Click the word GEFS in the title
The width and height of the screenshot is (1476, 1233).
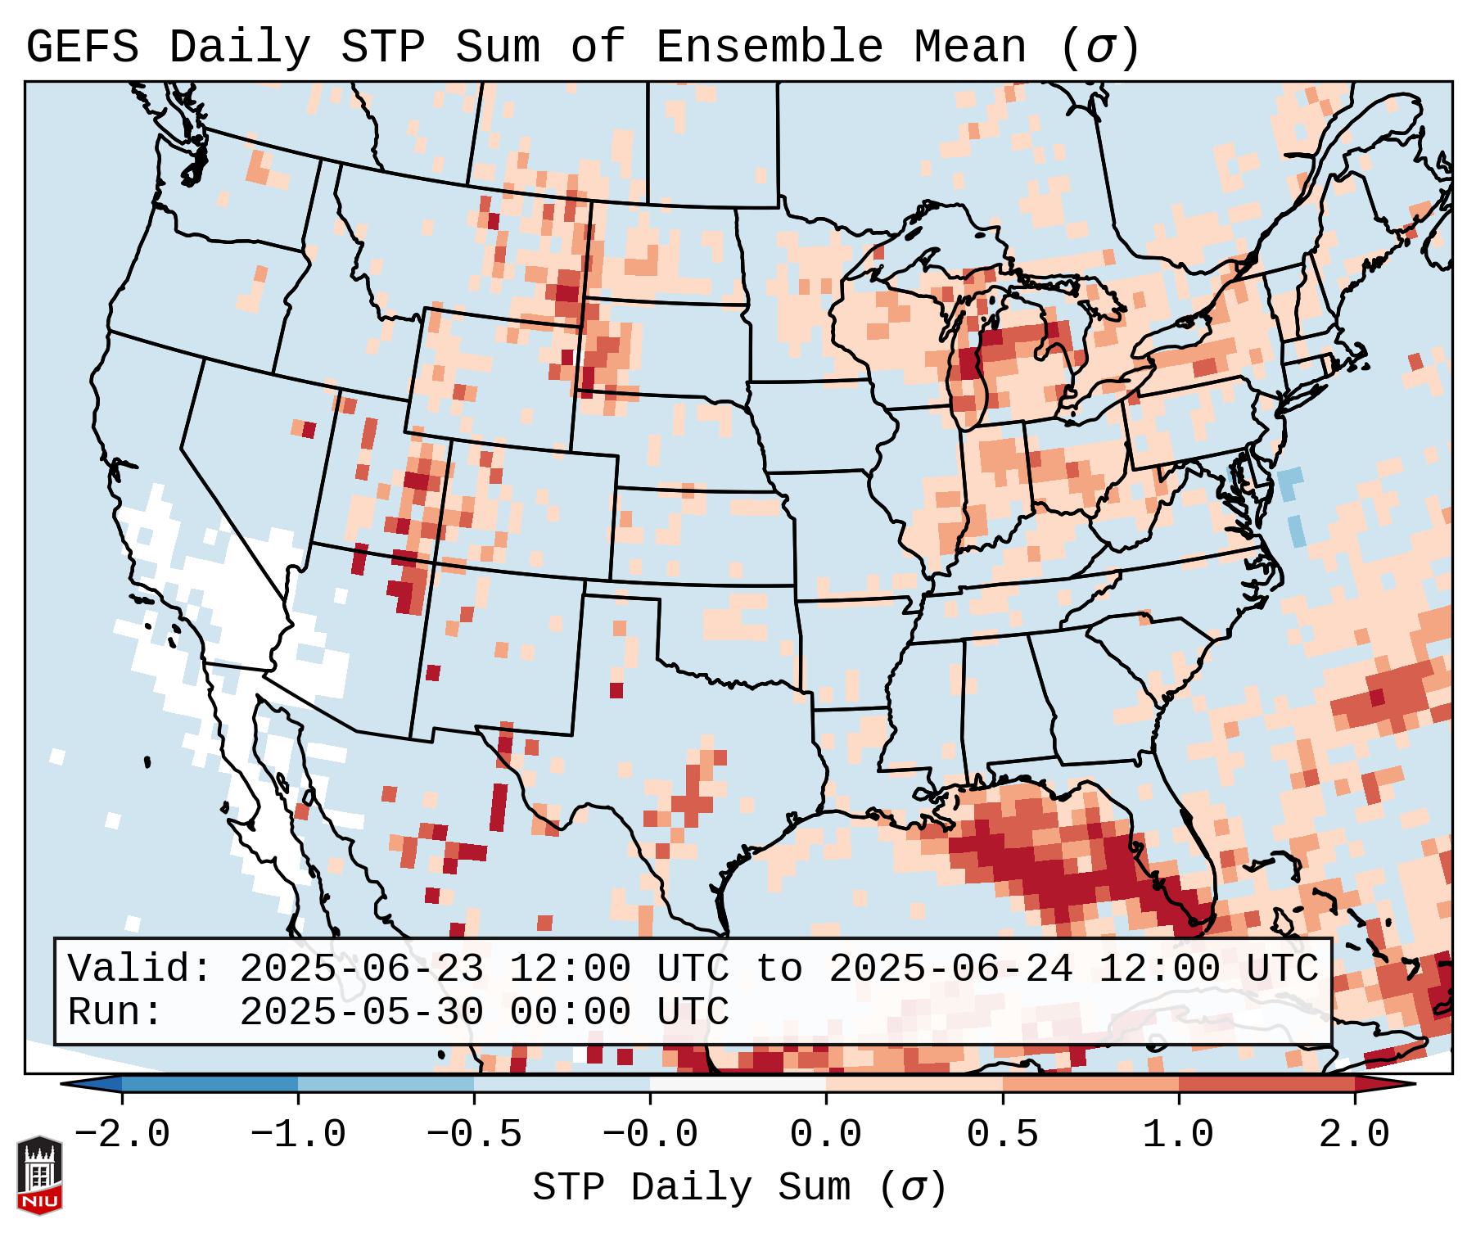point(82,47)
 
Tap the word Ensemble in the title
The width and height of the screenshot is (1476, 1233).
point(770,47)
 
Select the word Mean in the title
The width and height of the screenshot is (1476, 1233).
point(969,47)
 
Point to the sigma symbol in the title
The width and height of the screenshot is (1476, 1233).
point(1099,47)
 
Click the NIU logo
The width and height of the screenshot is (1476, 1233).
point(39,1175)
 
